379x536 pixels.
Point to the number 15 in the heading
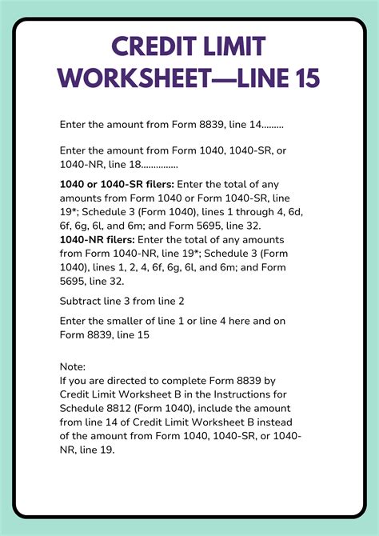pyautogui.click(x=297, y=78)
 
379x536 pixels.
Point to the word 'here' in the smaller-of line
pyautogui.click(x=249, y=321)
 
